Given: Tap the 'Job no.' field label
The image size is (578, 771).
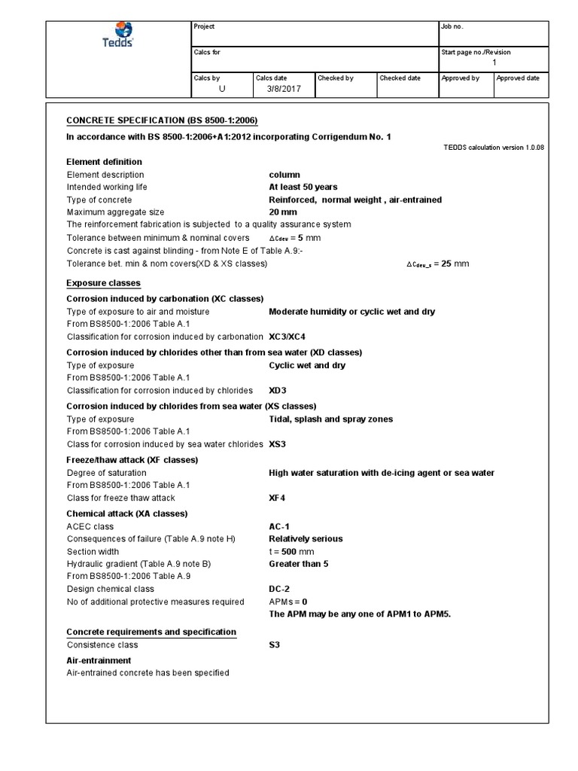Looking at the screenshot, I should point(452,27).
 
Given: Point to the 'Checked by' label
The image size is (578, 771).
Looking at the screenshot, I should point(336,78).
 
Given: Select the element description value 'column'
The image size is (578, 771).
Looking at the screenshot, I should point(284,175).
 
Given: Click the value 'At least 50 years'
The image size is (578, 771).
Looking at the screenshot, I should point(303,187).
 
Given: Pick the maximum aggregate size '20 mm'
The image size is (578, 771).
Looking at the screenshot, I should point(284,212).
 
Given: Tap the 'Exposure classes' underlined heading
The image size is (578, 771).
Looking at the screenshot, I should point(104,283).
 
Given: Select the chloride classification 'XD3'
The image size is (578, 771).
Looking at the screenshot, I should point(278,391).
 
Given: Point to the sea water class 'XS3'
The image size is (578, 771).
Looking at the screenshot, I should point(278,444).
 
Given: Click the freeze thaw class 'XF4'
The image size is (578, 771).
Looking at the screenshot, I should point(278,498).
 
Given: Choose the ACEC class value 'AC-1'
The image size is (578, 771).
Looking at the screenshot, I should point(281,526).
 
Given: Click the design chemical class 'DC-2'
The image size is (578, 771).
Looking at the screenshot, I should point(281,589).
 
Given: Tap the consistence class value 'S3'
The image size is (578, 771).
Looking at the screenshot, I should point(275,645).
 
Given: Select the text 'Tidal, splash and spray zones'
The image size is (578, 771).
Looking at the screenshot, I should point(330,419).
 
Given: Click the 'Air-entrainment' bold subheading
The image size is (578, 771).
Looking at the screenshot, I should point(99,660).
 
